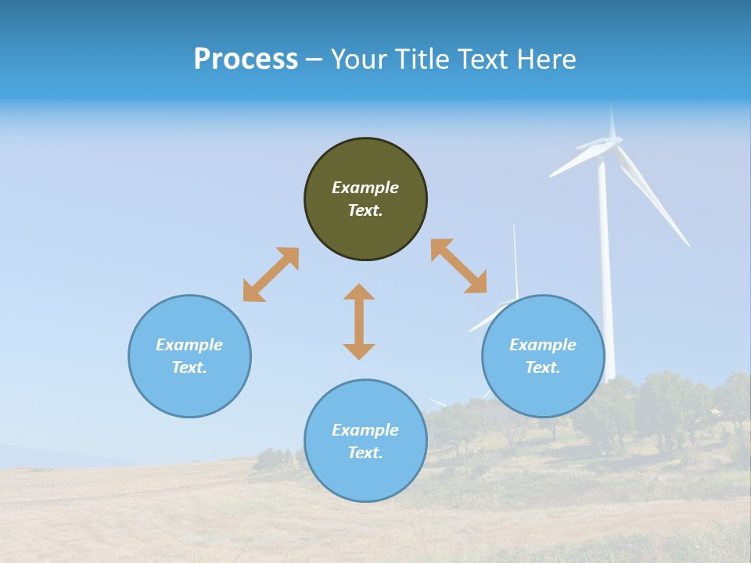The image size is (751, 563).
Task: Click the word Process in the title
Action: pyautogui.click(x=246, y=59)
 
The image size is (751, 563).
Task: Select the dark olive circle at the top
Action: pyautogui.click(x=365, y=199)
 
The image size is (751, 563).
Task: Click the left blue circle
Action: pyautogui.click(x=189, y=356)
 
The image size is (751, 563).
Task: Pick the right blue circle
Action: pyautogui.click(x=543, y=356)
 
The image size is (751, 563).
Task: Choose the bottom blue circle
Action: pyautogui.click(x=365, y=440)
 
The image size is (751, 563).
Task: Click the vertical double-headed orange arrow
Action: pyautogui.click(x=359, y=321)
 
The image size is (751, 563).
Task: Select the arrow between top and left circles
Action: pyautogui.click(x=271, y=274)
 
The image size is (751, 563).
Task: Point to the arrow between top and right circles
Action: pyautogui.click(x=458, y=266)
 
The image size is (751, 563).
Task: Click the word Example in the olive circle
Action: pyautogui.click(x=365, y=188)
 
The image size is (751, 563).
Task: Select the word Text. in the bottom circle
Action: pyautogui.click(x=365, y=453)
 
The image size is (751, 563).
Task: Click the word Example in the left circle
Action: pyautogui.click(x=189, y=345)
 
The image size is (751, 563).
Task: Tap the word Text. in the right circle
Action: pyautogui.click(x=543, y=368)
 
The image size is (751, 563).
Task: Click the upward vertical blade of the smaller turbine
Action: pyautogui.click(x=515, y=258)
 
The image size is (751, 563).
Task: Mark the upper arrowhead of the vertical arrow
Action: pyautogui.click(x=359, y=292)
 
